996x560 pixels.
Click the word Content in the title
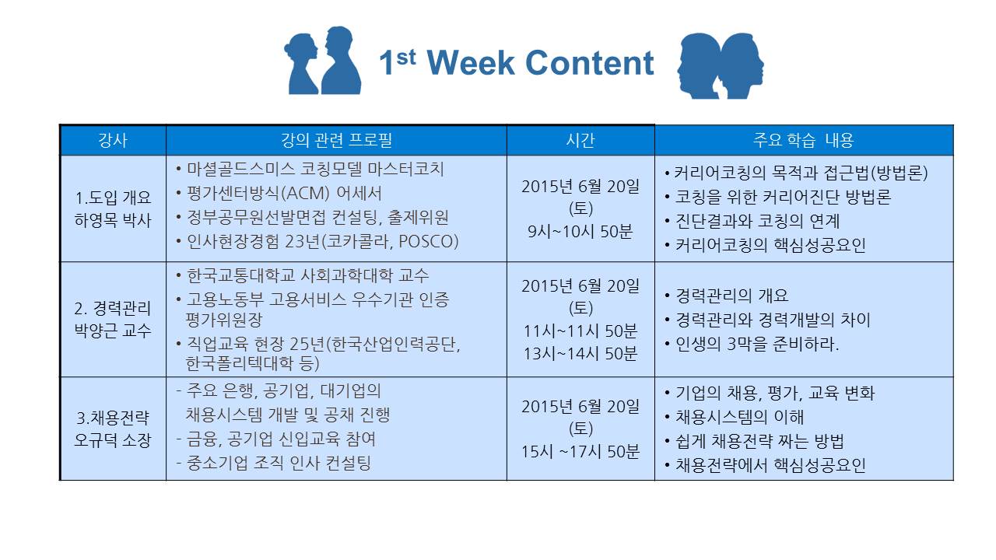[590, 63]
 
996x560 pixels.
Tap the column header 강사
[113, 141]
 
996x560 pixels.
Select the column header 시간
[580, 141]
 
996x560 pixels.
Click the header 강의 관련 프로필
[336, 141]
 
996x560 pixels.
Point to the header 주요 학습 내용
[804, 141]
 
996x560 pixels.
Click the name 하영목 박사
[113, 220]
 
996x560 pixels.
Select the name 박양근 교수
[113, 331]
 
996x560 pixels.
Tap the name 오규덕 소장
[113, 440]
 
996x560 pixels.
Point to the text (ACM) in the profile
[306, 194]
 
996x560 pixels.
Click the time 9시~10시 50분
[580, 232]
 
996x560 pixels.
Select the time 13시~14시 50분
[580, 354]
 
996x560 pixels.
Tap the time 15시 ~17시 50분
[580, 452]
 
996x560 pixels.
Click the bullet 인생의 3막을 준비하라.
[752, 344]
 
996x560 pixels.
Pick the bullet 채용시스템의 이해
[735, 417]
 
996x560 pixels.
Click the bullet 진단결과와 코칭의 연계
[752, 222]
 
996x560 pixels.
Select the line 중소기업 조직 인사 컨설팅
[274, 463]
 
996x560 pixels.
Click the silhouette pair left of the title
[323, 61]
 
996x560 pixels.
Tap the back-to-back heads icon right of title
[721, 66]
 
